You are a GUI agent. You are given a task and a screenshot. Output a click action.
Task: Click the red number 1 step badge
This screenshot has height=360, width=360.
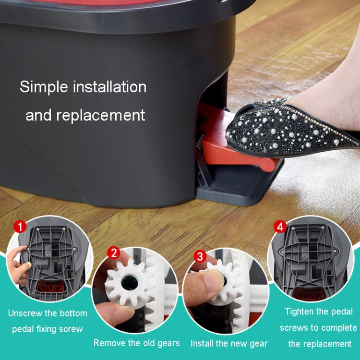click(x=20, y=225)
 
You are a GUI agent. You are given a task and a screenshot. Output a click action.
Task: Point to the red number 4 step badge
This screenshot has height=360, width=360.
click(x=280, y=227)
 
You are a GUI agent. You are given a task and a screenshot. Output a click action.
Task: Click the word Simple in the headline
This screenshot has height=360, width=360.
click(x=45, y=87)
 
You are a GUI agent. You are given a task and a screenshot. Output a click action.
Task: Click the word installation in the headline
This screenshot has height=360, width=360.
click(x=109, y=87)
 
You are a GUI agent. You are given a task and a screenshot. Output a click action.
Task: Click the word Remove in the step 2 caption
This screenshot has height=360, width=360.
click(x=108, y=343)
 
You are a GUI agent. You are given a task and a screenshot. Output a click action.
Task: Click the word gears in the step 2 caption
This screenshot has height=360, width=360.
click(x=167, y=343)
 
